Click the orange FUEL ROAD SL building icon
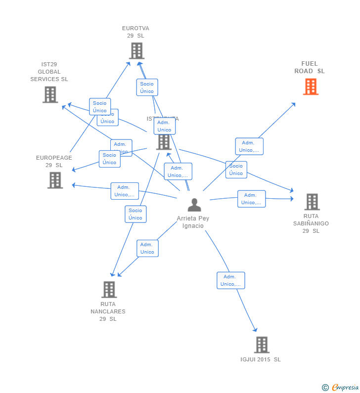pyautogui.click(x=311, y=87)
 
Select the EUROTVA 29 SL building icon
pyautogui.click(x=136, y=50)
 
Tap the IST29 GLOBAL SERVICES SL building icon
pyautogui.click(x=50, y=94)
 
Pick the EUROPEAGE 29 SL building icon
pyautogui.click(x=55, y=180)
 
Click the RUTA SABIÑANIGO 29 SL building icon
pyautogui.click(x=312, y=202)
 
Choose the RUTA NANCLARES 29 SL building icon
pyautogui.click(x=109, y=290)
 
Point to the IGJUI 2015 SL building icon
pyautogui.click(x=262, y=345)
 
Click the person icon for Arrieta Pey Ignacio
pyautogui.click(x=194, y=205)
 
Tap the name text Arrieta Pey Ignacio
pyautogui.click(x=193, y=222)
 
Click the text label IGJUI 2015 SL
pyautogui.click(x=261, y=359)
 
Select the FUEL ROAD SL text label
pyautogui.click(x=310, y=67)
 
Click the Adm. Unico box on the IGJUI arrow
pyautogui.click(x=230, y=280)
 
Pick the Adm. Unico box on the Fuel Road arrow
pyautogui.click(x=249, y=146)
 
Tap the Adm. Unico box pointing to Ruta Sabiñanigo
pyautogui.click(x=251, y=199)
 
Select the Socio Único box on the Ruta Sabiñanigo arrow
pyautogui.click(x=236, y=170)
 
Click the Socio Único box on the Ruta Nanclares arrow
pyautogui.click(x=135, y=214)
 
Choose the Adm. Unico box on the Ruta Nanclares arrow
pyautogui.click(x=147, y=248)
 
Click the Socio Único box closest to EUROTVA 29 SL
pyautogui.click(x=147, y=87)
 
